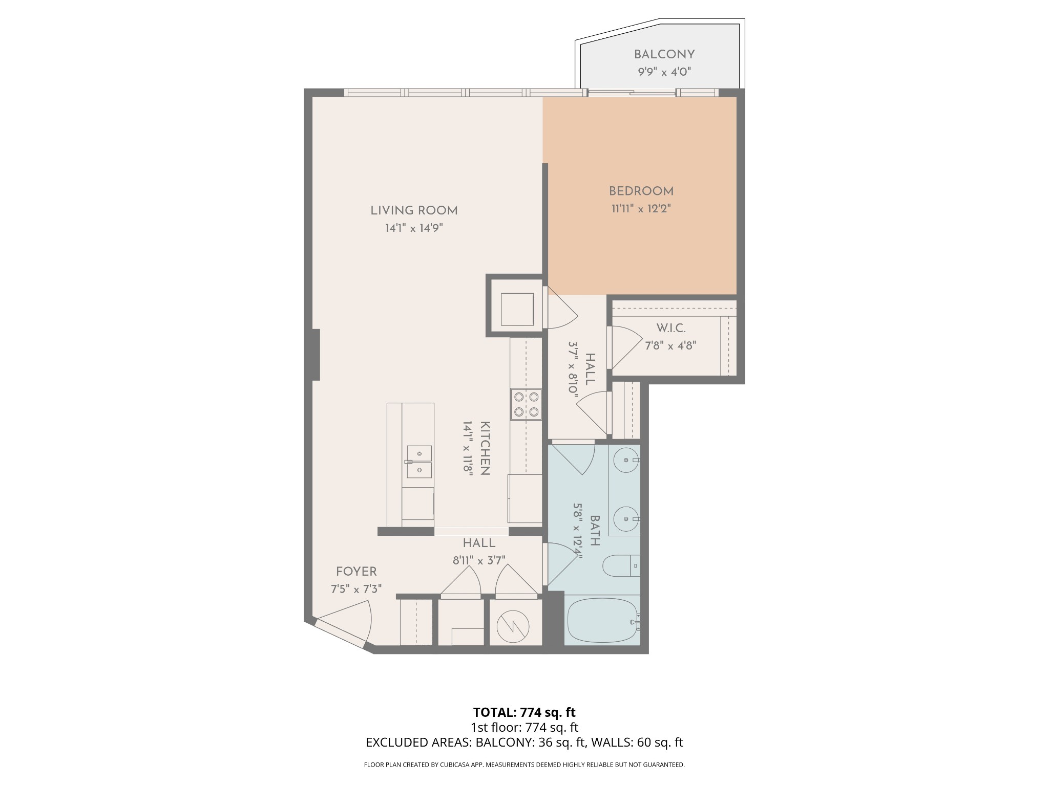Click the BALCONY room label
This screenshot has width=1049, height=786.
(664, 54)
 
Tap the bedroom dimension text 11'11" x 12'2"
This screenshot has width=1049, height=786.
(641, 209)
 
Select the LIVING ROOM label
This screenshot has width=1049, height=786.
(414, 210)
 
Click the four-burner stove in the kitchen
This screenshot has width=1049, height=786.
(526, 404)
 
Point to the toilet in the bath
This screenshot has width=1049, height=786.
(620, 566)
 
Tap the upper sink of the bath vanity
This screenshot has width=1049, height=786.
(626, 460)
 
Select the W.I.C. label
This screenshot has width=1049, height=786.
(670, 328)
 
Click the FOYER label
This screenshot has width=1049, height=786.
(356, 572)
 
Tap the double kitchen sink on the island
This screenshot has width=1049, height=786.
(419, 461)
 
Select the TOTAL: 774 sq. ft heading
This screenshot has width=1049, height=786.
(524, 712)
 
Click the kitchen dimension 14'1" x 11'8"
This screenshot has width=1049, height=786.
(468, 449)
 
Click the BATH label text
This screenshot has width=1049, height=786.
(595, 531)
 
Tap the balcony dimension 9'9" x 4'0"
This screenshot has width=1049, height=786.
(664, 72)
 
